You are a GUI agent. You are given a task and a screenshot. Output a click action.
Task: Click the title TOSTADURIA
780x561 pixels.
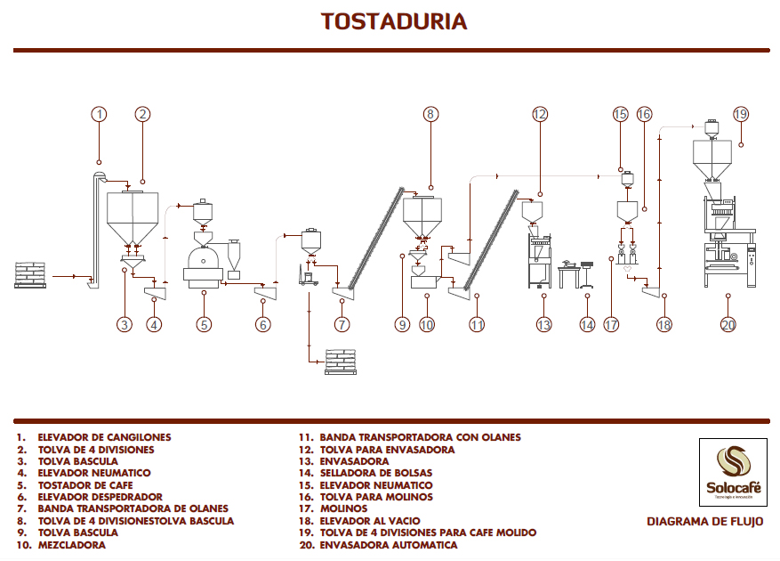[393, 21]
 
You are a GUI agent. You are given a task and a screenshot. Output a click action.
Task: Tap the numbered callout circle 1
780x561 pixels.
[99, 114]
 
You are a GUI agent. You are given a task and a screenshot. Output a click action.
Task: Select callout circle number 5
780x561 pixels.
[204, 325]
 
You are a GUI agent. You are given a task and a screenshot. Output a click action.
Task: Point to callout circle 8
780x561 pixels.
[430, 114]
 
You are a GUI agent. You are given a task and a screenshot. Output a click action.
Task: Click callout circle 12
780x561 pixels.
[540, 114]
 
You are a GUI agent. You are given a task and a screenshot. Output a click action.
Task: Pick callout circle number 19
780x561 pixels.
[741, 114]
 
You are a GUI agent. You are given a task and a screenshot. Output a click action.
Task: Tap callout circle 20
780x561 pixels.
[728, 325]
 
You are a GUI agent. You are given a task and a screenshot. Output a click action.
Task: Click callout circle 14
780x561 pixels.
[586, 325]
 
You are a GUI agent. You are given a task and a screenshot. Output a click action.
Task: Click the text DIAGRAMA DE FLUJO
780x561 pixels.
[704, 522]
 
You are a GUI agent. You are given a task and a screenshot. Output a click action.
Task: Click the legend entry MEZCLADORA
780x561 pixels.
[70, 544]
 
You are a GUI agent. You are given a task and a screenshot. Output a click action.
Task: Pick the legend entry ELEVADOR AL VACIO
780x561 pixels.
[369, 520]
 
